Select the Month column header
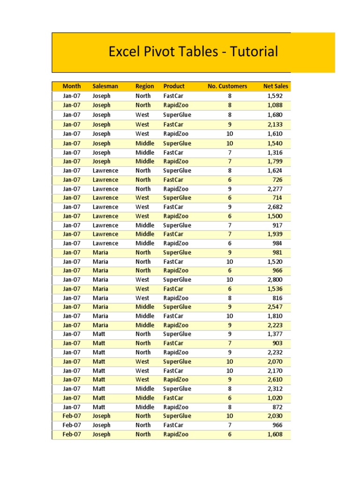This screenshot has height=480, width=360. (x=72, y=86)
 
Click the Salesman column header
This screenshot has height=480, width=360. (x=105, y=86)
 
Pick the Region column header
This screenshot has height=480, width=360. (x=144, y=86)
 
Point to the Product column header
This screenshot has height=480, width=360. (x=174, y=86)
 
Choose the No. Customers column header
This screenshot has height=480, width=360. (x=227, y=86)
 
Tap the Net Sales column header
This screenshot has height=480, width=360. (x=276, y=86)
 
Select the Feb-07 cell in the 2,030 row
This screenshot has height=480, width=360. (x=72, y=416)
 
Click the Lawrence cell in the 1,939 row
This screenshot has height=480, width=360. (x=105, y=234)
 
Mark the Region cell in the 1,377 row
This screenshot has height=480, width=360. (x=143, y=334)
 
